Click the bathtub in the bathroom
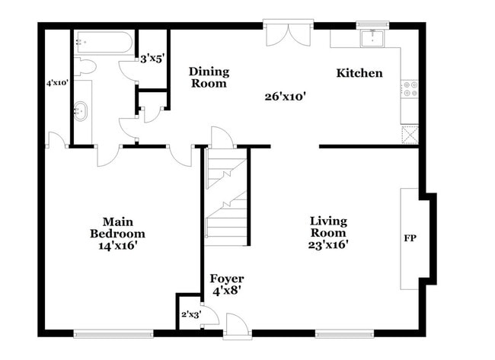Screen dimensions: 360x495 point(104,42)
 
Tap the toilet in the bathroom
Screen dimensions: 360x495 point(85,67)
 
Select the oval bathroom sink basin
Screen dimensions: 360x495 point(81,112)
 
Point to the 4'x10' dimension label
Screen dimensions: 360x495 point(58,82)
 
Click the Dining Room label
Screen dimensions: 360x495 point(209,78)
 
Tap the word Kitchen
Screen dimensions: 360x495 point(359,73)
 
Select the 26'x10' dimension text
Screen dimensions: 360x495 point(285,96)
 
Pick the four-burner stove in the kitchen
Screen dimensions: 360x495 point(409,89)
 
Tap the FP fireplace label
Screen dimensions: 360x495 point(409,238)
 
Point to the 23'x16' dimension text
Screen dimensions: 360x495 point(327,245)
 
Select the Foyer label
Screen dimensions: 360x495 point(226,279)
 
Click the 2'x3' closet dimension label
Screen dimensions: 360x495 point(190,314)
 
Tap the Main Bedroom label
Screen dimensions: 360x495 point(117,228)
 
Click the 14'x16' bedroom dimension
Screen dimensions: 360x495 point(117,246)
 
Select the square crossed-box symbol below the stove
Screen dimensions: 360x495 point(409,133)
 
